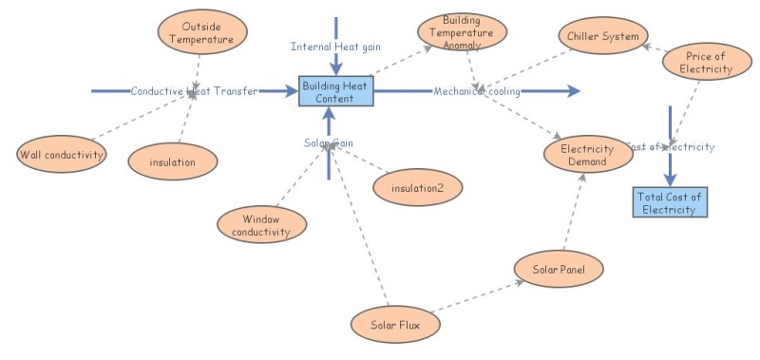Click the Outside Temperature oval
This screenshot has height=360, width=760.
[201, 33]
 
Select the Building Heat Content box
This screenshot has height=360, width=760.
[336, 91]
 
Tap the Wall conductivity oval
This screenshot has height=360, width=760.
[61, 153]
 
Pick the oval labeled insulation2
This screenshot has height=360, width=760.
[418, 187]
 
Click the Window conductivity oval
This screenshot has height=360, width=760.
[262, 224]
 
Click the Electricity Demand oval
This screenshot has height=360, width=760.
[588, 155]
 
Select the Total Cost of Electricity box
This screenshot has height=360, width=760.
[670, 202]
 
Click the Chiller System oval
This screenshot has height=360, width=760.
[602, 36]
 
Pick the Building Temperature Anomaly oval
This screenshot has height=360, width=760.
[462, 33]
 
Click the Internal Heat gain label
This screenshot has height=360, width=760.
[335, 46]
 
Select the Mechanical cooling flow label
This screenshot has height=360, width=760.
[478, 91]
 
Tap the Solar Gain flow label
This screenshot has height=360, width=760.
[329, 142]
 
